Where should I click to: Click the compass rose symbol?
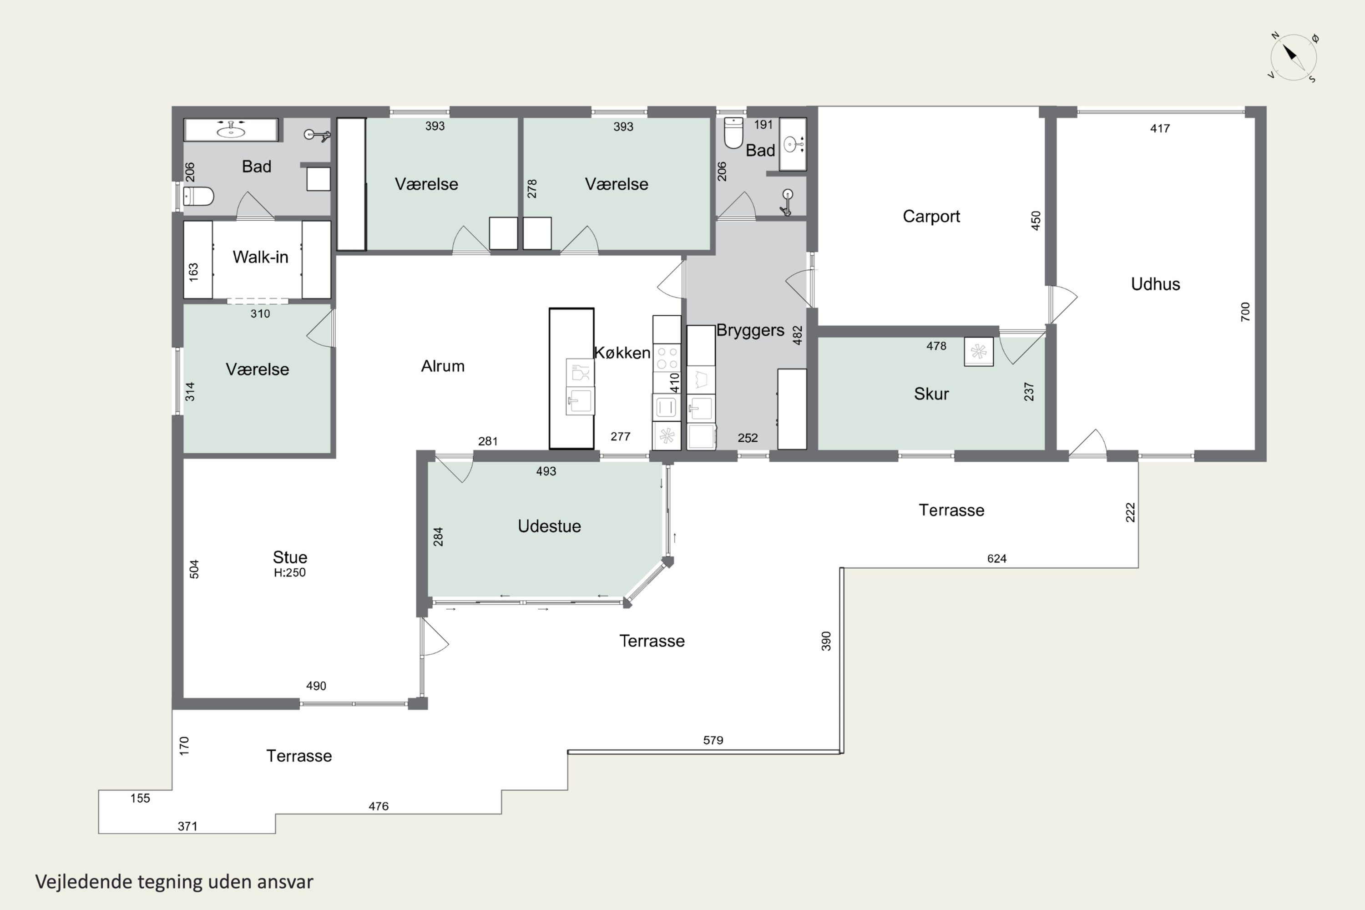click(1293, 57)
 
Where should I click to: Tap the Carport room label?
click(931, 217)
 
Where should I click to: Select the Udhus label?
click(1155, 284)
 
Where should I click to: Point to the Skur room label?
click(931, 394)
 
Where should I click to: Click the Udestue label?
click(549, 526)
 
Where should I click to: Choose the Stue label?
click(289, 557)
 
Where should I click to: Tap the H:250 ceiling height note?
click(289, 572)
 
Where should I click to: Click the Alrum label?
click(442, 366)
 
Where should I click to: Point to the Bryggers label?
click(750, 330)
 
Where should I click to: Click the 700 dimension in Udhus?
click(1245, 312)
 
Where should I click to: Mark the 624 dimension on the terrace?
click(996, 559)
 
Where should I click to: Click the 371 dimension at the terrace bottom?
click(187, 826)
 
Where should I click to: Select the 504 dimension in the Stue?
click(194, 569)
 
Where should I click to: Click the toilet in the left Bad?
click(198, 196)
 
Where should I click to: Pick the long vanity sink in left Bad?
click(231, 129)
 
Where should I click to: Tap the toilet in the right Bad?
click(733, 133)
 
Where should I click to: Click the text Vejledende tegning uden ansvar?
click(174, 882)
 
